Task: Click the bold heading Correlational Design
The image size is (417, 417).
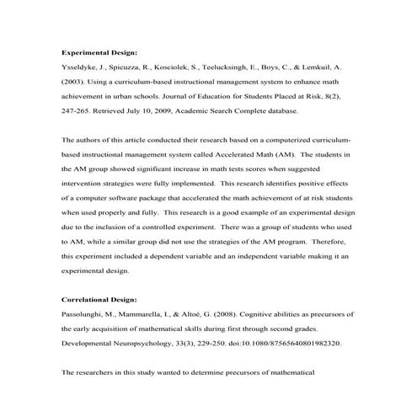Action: pos(101,299)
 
